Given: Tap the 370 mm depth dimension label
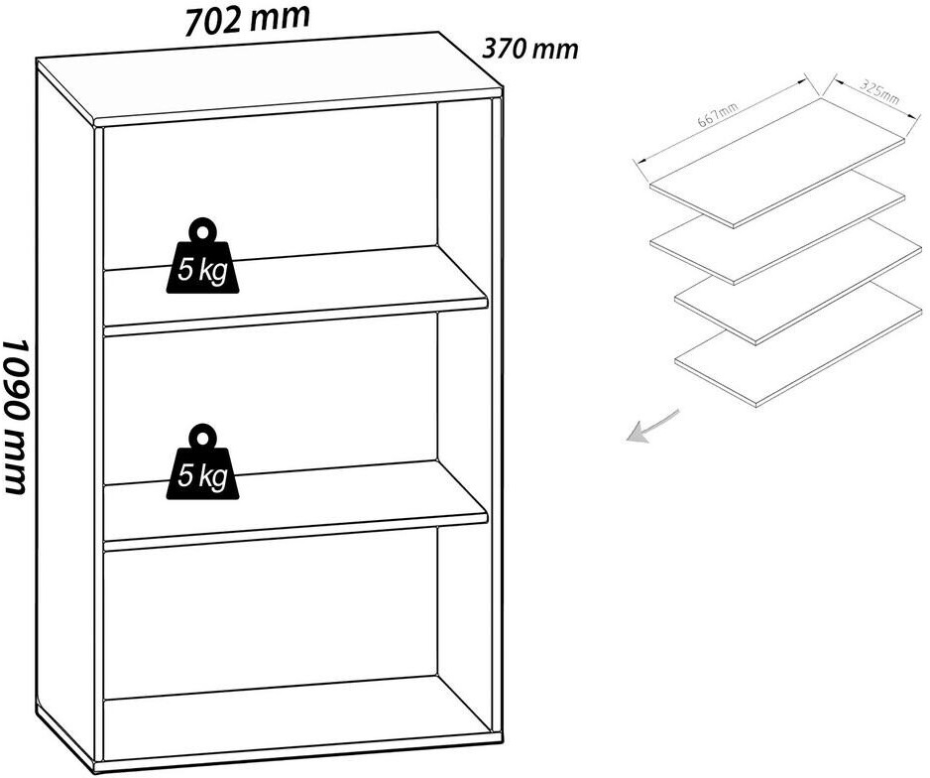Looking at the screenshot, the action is pos(529,49).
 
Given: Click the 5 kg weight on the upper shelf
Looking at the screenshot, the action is pos(202,261).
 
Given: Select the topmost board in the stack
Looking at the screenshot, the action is pos(776,161).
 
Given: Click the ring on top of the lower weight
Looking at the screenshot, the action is pos(203,438).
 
